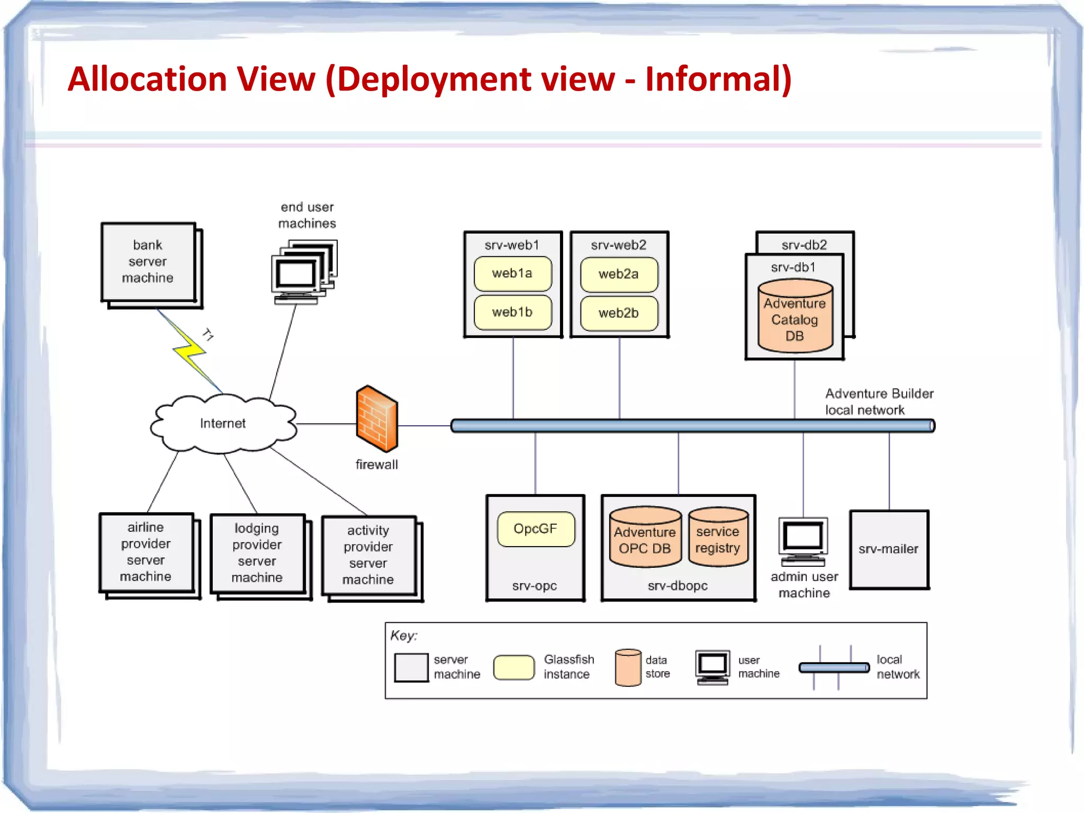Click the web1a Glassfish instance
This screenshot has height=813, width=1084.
coord(512,274)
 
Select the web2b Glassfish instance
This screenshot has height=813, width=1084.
coord(619,313)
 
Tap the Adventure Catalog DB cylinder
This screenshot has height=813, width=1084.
coord(794,318)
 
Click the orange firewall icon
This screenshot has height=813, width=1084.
coord(377,419)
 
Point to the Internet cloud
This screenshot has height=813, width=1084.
coord(223,423)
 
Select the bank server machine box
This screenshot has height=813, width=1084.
coord(148,262)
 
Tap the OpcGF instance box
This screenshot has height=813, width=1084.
coord(536,529)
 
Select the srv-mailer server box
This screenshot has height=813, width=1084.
coord(889,549)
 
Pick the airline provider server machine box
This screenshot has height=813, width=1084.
coord(146,552)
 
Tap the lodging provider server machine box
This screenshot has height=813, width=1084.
coord(257,553)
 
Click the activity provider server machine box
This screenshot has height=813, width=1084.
coord(368,555)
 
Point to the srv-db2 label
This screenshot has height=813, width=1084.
coord(804,245)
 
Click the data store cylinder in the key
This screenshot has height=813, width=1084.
coord(628,667)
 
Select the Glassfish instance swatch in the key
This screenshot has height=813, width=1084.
coord(513,667)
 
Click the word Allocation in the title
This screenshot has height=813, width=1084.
coord(147,79)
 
